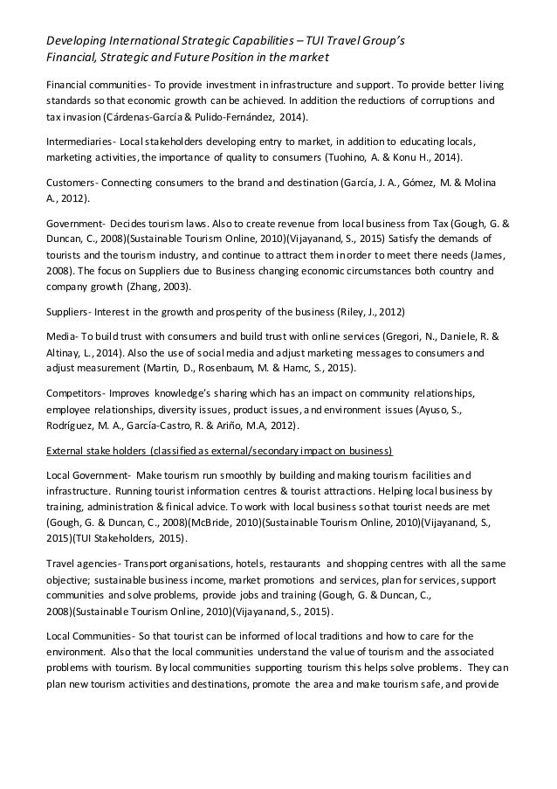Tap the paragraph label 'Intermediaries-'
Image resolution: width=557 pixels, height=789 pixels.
pyautogui.click(x=82, y=141)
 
